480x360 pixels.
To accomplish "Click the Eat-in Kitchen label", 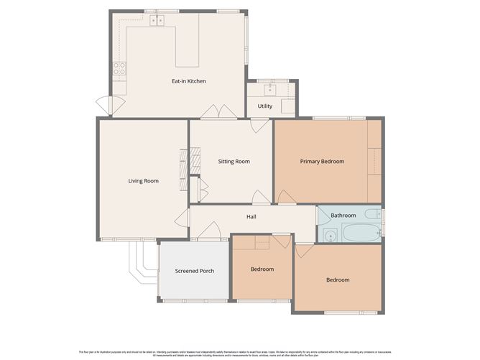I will pyautogui.click(x=188, y=81).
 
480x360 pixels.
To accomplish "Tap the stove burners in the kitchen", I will pyautogui.click(x=119, y=69).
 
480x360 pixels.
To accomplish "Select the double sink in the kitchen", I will pyautogui.click(x=157, y=22).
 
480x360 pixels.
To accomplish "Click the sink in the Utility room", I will pyautogui.click(x=270, y=90).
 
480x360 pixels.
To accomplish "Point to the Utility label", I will pyautogui.click(x=265, y=106).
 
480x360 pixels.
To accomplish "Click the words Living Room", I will pyautogui.click(x=143, y=181).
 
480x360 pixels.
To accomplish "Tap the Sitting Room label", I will pyautogui.click(x=234, y=162).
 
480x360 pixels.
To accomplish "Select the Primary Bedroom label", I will pyautogui.click(x=322, y=162).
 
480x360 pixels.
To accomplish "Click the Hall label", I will pyautogui.click(x=251, y=216).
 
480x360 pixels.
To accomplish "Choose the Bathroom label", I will pyautogui.click(x=343, y=216).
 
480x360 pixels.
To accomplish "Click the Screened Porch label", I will pyautogui.click(x=195, y=271).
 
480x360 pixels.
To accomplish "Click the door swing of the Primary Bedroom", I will pyautogui.click(x=285, y=196).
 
